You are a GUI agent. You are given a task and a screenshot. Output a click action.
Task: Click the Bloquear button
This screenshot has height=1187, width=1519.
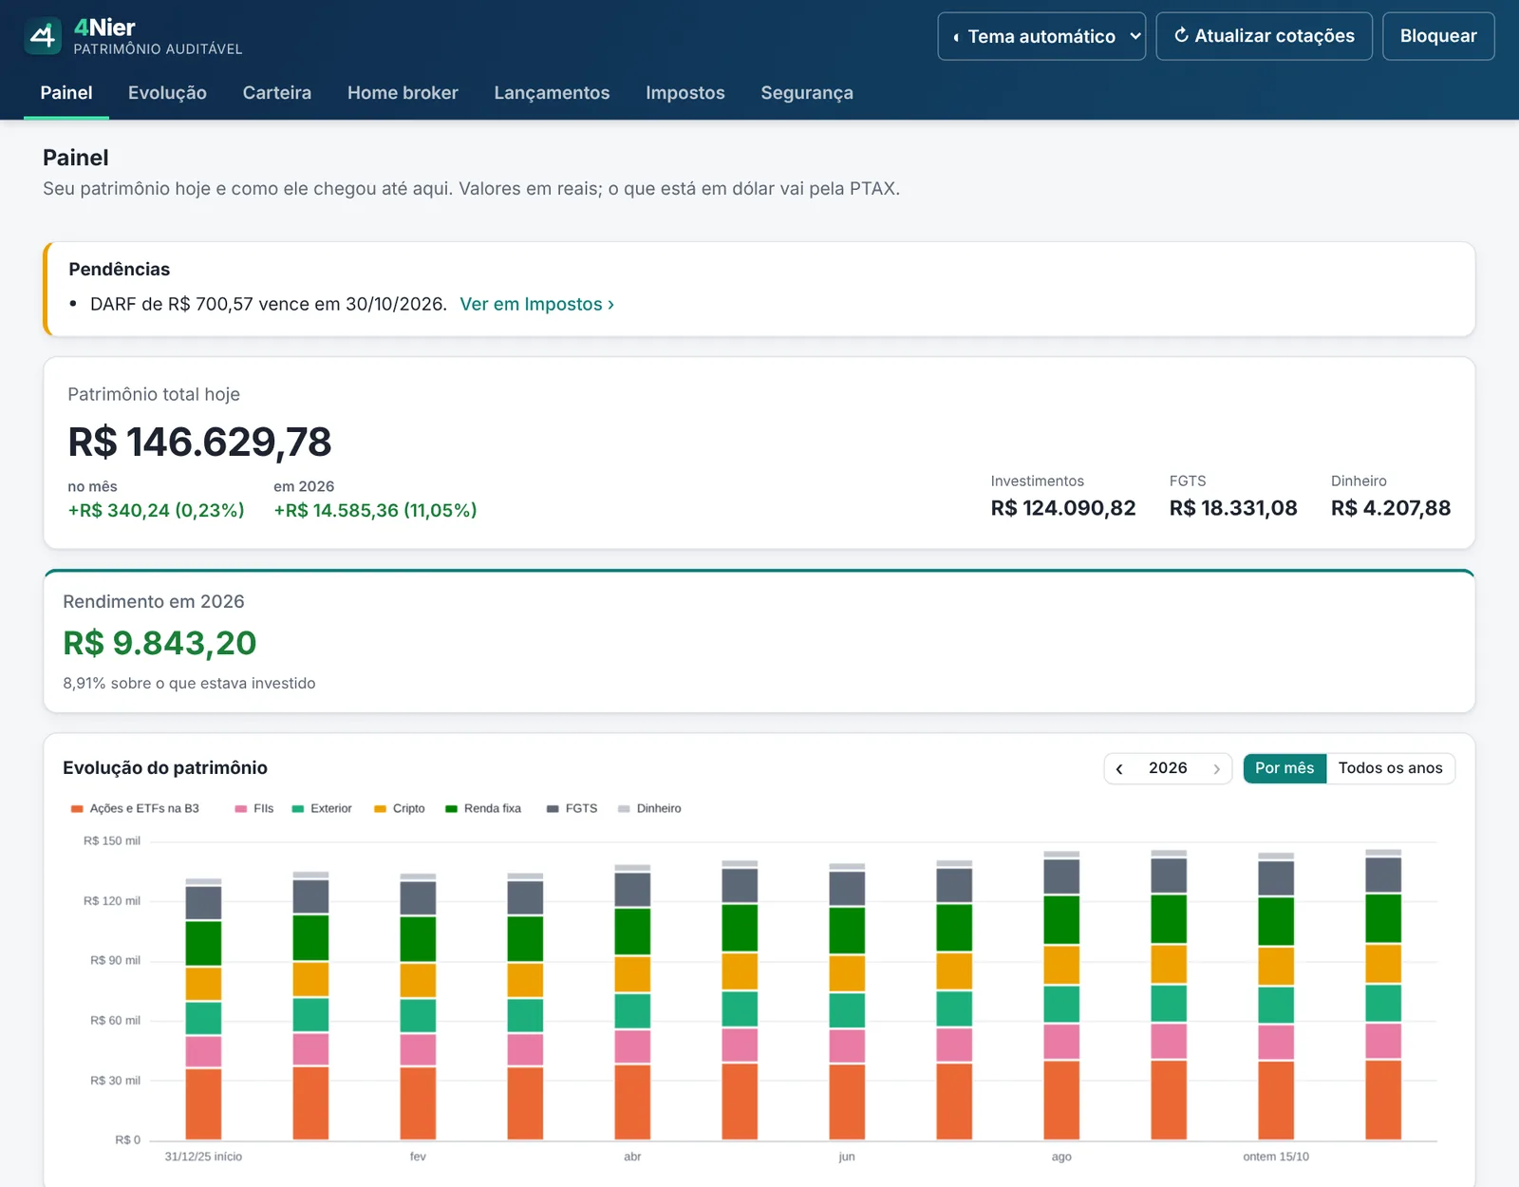click(1438, 36)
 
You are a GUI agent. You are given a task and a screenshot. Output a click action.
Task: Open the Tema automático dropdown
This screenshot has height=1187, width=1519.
click(1041, 36)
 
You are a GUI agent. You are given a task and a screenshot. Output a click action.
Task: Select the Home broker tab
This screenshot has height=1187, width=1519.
click(403, 93)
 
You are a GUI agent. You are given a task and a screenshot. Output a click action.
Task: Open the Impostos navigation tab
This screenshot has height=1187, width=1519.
click(685, 93)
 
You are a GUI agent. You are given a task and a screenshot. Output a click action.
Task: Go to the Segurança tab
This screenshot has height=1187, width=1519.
click(807, 93)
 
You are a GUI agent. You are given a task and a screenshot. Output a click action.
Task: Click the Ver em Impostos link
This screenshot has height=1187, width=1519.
click(536, 304)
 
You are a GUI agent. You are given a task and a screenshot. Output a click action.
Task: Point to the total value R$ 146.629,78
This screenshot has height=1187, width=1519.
click(199, 442)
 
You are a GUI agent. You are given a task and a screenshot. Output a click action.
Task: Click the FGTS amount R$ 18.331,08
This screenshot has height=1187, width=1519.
click(1233, 508)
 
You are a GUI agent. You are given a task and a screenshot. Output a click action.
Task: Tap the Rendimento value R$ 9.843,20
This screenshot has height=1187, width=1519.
click(159, 643)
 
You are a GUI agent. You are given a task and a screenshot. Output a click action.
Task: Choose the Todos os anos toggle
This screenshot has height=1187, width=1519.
click(1390, 768)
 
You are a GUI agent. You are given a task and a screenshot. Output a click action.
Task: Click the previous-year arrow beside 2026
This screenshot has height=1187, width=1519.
click(1120, 769)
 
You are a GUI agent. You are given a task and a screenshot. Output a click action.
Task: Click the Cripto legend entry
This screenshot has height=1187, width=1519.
click(399, 809)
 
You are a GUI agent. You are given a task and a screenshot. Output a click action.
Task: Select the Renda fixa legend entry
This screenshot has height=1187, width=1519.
click(483, 809)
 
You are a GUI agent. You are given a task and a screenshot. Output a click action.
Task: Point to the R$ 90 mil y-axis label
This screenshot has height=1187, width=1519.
click(115, 960)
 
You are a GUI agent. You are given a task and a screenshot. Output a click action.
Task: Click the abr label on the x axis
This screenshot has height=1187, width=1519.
click(632, 1157)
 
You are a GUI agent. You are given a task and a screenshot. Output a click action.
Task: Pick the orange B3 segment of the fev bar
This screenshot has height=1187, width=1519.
click(418, 1103)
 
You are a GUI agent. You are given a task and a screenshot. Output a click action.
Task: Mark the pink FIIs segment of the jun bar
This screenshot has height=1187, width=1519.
click(847, 1046)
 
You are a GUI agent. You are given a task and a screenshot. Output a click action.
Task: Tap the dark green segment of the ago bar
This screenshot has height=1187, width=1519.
click(1061, 920)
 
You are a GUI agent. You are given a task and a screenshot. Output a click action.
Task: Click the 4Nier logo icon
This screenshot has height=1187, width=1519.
click(43, 36)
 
